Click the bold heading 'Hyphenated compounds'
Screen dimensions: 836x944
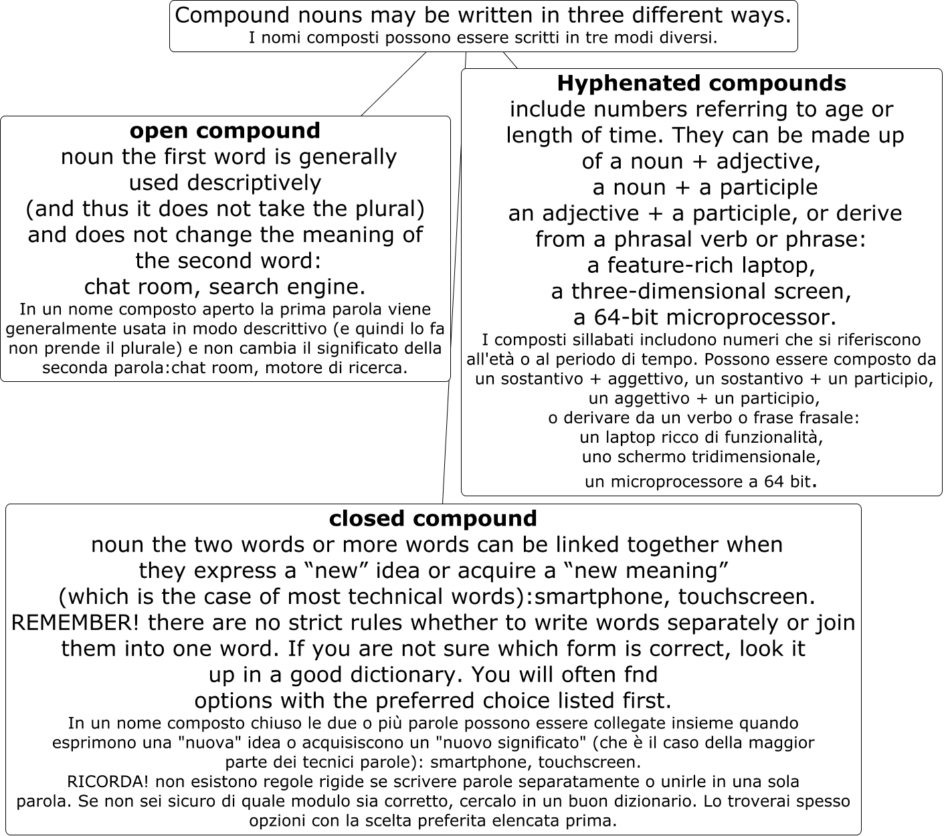701,84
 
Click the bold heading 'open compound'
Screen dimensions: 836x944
225,130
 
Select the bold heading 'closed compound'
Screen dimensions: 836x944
433,519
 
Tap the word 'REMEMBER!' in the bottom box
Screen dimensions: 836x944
76,623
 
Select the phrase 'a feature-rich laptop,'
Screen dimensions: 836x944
701,266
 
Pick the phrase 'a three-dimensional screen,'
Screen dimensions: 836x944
701,292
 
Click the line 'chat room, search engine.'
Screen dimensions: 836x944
225,287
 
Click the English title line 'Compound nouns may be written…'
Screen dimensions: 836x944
483,15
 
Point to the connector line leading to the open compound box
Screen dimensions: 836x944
393,84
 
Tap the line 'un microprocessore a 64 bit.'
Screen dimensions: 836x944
700,482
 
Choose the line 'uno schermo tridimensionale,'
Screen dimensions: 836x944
700,457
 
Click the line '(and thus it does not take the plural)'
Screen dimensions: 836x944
225,209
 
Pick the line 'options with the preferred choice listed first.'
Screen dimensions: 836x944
433,701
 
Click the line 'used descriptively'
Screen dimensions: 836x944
225,183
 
